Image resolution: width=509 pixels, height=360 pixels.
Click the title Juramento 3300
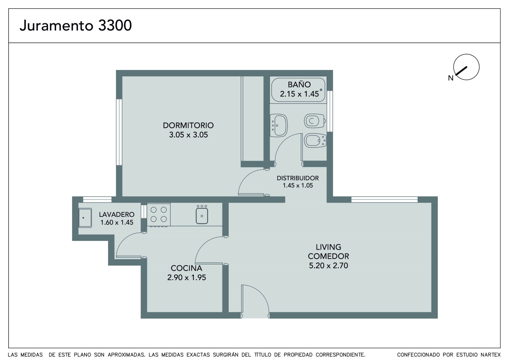pos(76,25)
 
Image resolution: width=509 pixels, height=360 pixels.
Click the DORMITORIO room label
pos(188,125)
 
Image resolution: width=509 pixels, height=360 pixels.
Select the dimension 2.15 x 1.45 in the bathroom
pos(299,94)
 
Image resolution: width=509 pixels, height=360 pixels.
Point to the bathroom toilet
pos(315,121)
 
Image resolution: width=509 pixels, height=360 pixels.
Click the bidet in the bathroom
pos(315,141)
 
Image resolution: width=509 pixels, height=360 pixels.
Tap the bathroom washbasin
pos(279,125)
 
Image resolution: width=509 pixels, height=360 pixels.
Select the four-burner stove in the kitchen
pos(159,215)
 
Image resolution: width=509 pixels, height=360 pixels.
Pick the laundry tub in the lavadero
pos(85,218)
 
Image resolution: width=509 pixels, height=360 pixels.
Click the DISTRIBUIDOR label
pos(298,178)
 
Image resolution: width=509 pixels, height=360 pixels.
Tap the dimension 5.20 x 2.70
pos(328,265)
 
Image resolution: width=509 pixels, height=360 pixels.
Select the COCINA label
pos(186,268)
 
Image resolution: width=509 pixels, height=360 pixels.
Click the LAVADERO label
pos(116,215)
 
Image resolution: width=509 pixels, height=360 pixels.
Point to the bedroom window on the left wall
pos(119,132)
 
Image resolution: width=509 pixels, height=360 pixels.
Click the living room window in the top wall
pos(385,200)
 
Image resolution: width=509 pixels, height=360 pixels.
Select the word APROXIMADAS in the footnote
pos(127,355)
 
